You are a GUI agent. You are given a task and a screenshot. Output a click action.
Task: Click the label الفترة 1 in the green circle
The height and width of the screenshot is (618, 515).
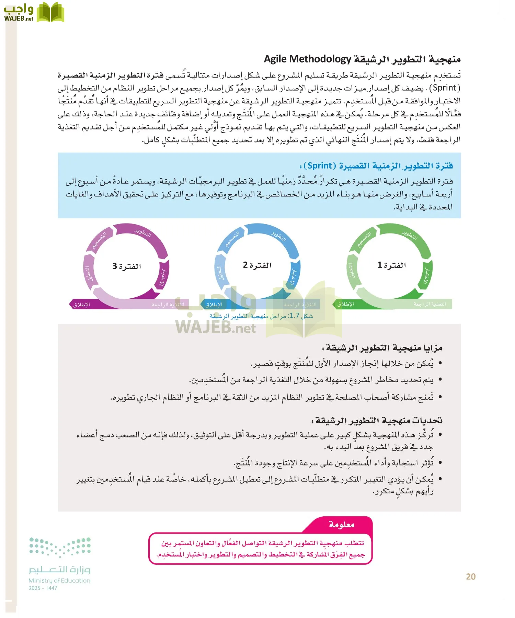pyautogui.click(x=391, y=265)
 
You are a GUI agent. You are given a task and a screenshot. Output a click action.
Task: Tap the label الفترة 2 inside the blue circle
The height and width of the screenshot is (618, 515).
pyautogui.click(x=257, y=265)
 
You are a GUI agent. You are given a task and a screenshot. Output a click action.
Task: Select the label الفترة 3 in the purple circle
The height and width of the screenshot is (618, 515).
pyautogui.click(x=127, y=266)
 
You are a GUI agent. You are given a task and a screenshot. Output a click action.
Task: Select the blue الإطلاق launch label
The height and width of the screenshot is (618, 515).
pyautogui.click(x=214, y=305)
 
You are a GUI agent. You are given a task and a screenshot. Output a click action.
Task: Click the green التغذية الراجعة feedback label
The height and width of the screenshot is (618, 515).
pyautogui.click(x=430, y=304)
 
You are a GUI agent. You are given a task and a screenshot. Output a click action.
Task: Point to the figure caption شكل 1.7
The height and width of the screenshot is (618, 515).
pyautogui.click(x=261, y=316)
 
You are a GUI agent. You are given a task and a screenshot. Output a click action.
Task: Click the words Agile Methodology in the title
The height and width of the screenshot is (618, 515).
pyautogui.click(x=307, y=59)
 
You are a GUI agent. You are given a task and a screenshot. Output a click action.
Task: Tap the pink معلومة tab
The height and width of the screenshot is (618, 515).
pyautogui.click(x=341, y=524)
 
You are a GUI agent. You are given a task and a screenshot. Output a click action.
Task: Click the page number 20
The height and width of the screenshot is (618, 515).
pyautogui.click(x=471, y=576)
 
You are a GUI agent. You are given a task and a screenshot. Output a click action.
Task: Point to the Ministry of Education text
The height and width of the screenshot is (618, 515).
pyautogui.click(x=59, y=581)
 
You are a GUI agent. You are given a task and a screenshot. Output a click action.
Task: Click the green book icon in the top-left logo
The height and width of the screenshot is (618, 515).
pyautogui.click(x=50, y=12)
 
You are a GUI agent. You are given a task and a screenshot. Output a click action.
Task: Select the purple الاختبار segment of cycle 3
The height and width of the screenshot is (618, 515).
pyautogui.click(x=163, y=277)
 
